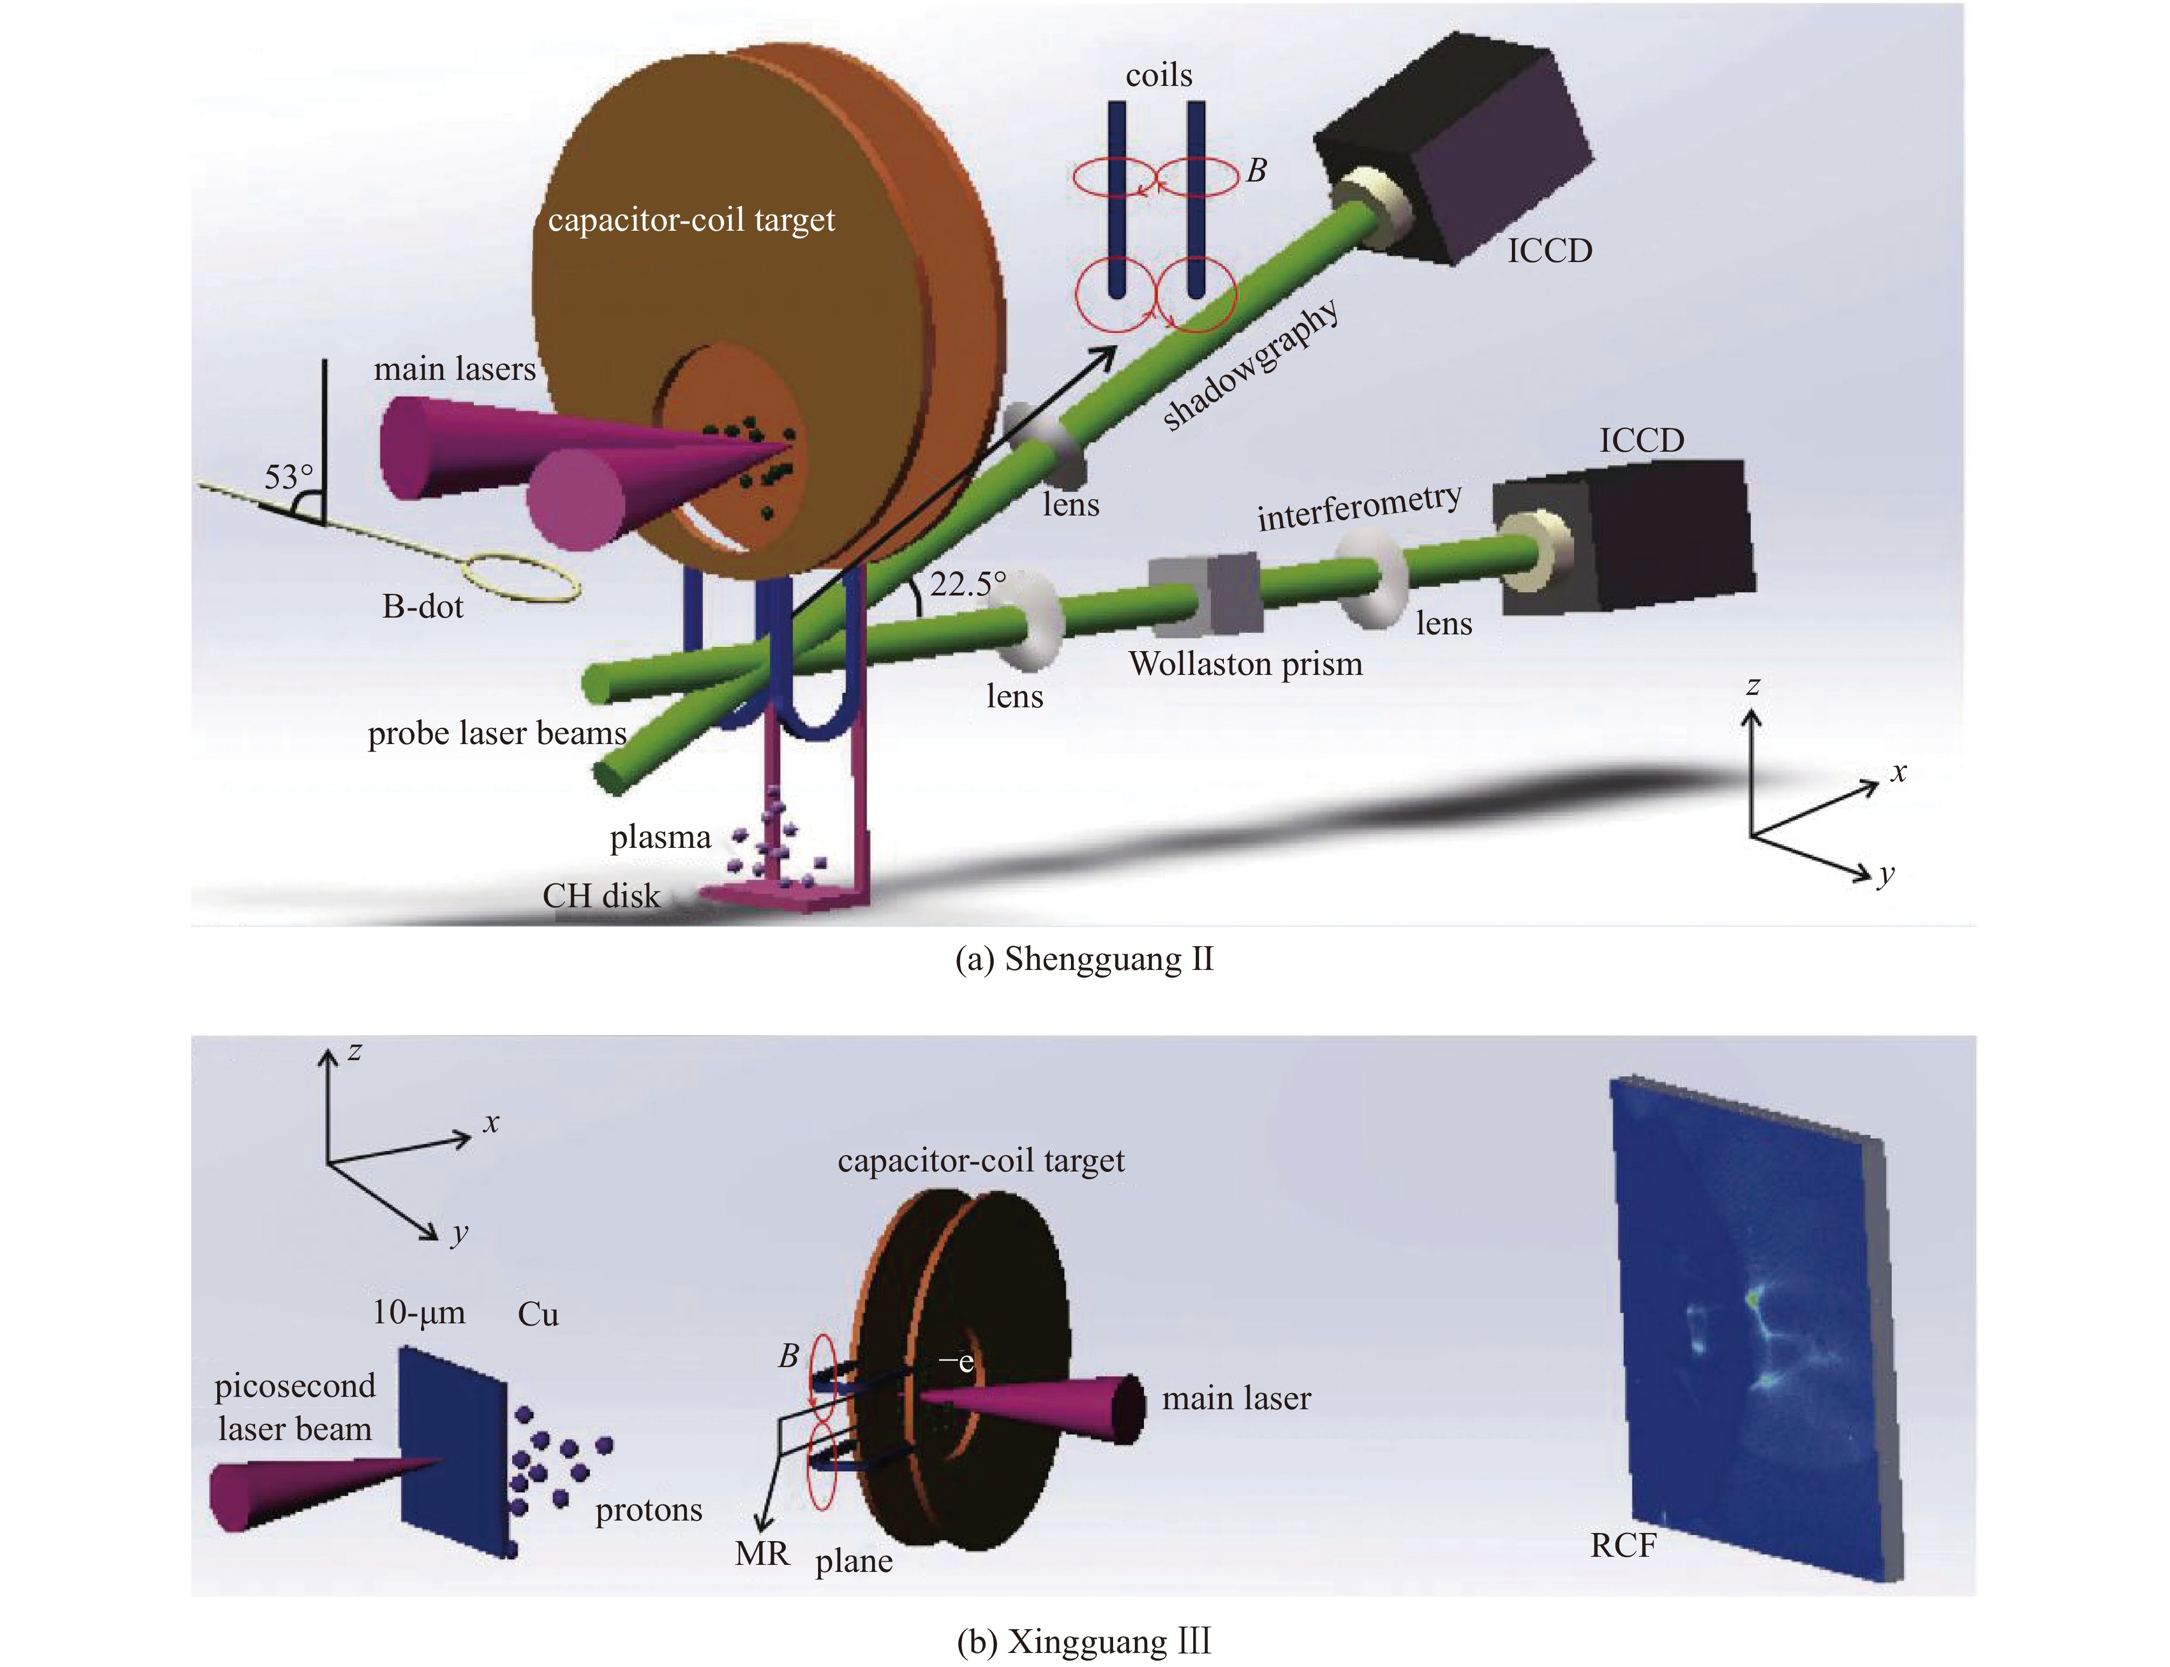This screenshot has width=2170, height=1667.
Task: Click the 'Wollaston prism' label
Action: point(1245,664)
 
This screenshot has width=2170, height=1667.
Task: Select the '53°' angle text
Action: point(288,477)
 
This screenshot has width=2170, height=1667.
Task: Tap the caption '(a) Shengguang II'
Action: point(1083,959)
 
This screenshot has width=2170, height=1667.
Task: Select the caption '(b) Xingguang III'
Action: point(1083,1641)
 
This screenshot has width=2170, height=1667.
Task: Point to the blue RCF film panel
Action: point(1746,1330)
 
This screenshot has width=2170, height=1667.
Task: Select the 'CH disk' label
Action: point(600,896)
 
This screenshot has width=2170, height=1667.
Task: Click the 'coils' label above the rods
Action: point(1158,76)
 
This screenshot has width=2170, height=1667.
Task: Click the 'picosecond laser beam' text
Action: point(294,1407)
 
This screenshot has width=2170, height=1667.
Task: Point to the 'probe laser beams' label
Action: point(496,733)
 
